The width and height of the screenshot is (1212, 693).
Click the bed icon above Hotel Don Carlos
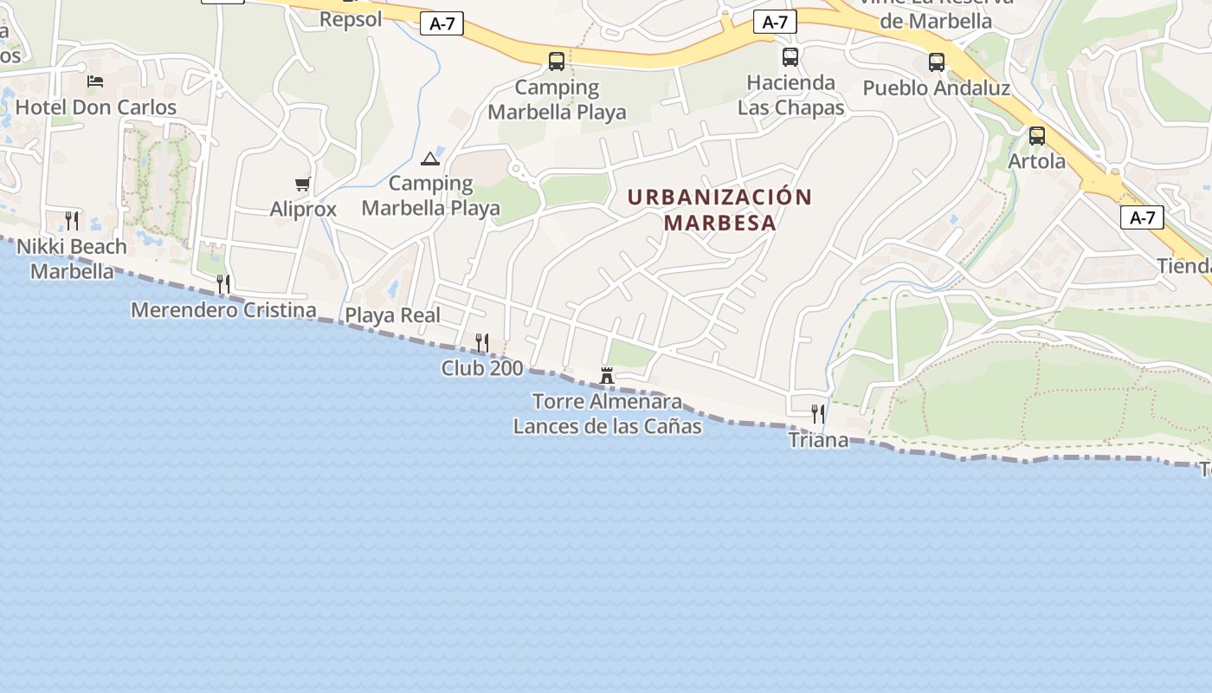pos(95,81)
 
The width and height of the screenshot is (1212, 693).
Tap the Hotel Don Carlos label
pos(96,107)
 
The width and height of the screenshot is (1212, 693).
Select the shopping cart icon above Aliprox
pos(302,184)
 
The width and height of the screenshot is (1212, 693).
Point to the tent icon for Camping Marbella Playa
pos(430,159)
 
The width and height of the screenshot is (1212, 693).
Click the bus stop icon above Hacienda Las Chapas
pos(790,57)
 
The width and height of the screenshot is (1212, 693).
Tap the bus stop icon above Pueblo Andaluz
pos(937,62)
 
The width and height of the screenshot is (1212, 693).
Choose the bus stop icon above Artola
pos(1036,136)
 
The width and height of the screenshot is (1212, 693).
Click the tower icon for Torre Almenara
pos(607,376)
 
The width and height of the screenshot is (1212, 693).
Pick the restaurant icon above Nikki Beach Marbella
pos(72,221)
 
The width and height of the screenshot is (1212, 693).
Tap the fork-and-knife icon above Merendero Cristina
pos(223,284)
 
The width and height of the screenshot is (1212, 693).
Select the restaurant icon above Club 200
pos(482,343)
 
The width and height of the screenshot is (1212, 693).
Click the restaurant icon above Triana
pos(817,414)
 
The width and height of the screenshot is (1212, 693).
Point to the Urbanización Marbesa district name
pos(719,210)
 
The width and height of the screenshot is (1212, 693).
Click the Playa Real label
pos(393,315)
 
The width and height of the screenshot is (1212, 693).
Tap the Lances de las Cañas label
pos(607,426)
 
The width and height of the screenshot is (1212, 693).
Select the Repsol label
pos(351,19)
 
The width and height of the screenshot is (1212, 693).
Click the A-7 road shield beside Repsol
pos(442,24)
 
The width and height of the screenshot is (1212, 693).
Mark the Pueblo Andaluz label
pos(937,88)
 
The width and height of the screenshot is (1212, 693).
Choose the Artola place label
pos(1037,161)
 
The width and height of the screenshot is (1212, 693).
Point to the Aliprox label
pos(303,209)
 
